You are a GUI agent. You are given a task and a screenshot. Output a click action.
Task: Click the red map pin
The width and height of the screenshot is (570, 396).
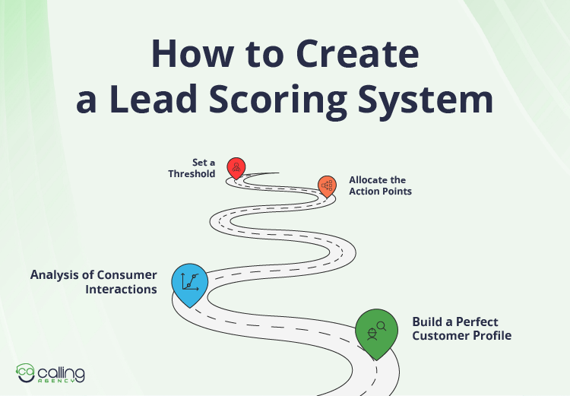point(236,167)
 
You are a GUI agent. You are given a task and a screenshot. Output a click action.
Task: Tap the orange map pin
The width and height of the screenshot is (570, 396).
point(328,185)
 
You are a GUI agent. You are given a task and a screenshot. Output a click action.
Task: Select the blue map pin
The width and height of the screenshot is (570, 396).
point(190,284)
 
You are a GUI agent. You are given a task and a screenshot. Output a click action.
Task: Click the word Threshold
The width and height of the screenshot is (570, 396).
point(192,174)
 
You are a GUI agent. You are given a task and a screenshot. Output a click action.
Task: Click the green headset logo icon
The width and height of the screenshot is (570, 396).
point(26,372)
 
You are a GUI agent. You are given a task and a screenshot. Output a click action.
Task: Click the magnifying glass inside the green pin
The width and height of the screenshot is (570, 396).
point(382,328)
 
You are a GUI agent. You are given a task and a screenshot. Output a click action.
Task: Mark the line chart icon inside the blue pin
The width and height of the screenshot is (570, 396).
point(190,281)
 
